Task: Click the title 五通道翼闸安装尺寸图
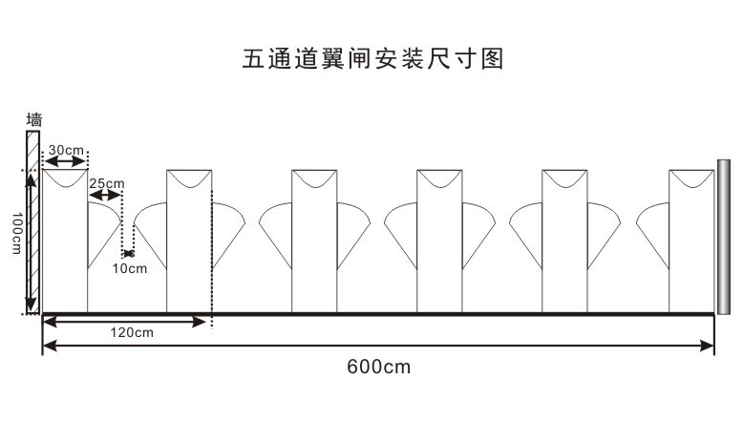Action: pyautogui.click(x=372, y=59)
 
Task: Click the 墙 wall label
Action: pyautogui.click(x=34, y=120)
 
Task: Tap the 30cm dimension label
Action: pyautogui.click(x=67, y=150)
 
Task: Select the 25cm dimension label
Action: pyautogui.click(x=106, y=182)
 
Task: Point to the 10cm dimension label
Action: pyautogui.click(x=130, y=268)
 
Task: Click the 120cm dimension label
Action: pyautogui.click(x=131, y=333)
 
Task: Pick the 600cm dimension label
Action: pyautogui.click(x=378, y=367)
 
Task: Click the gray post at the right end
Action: pyautogui.click(x=723, y=237)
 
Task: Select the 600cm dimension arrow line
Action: pyautogui.click(x=378, y=346)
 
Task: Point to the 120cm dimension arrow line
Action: pyautogui.click(x=125, y=322)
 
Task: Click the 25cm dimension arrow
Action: pyautogui.click(x=105, y=196)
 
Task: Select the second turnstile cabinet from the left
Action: pyautogui.click(x=189, y=243)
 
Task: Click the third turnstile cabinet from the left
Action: pyautogui.click(x=314, y=243)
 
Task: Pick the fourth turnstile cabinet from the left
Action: pyautogui.click(x=439, y=243)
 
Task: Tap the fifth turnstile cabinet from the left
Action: pyautogui.click(x=564, y=243)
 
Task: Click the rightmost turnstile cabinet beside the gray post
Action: pyautogui.click(x=691, y=243)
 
